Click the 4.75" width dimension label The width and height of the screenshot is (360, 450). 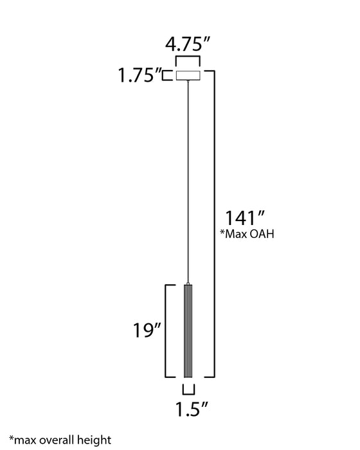coord(188,46)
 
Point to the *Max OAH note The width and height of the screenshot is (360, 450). coord(247,235)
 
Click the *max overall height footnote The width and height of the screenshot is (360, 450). coord(55,440)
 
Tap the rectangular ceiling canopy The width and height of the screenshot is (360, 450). coord(188,75)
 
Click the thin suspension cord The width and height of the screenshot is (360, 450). coord(188,180)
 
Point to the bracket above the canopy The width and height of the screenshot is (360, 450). coord(188,61)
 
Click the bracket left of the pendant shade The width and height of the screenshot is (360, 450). coord(169,332)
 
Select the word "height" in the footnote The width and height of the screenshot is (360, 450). coord(88,440)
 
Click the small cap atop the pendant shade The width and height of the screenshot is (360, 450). coord(188,283)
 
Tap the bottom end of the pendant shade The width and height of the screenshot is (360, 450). coord(188,377)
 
